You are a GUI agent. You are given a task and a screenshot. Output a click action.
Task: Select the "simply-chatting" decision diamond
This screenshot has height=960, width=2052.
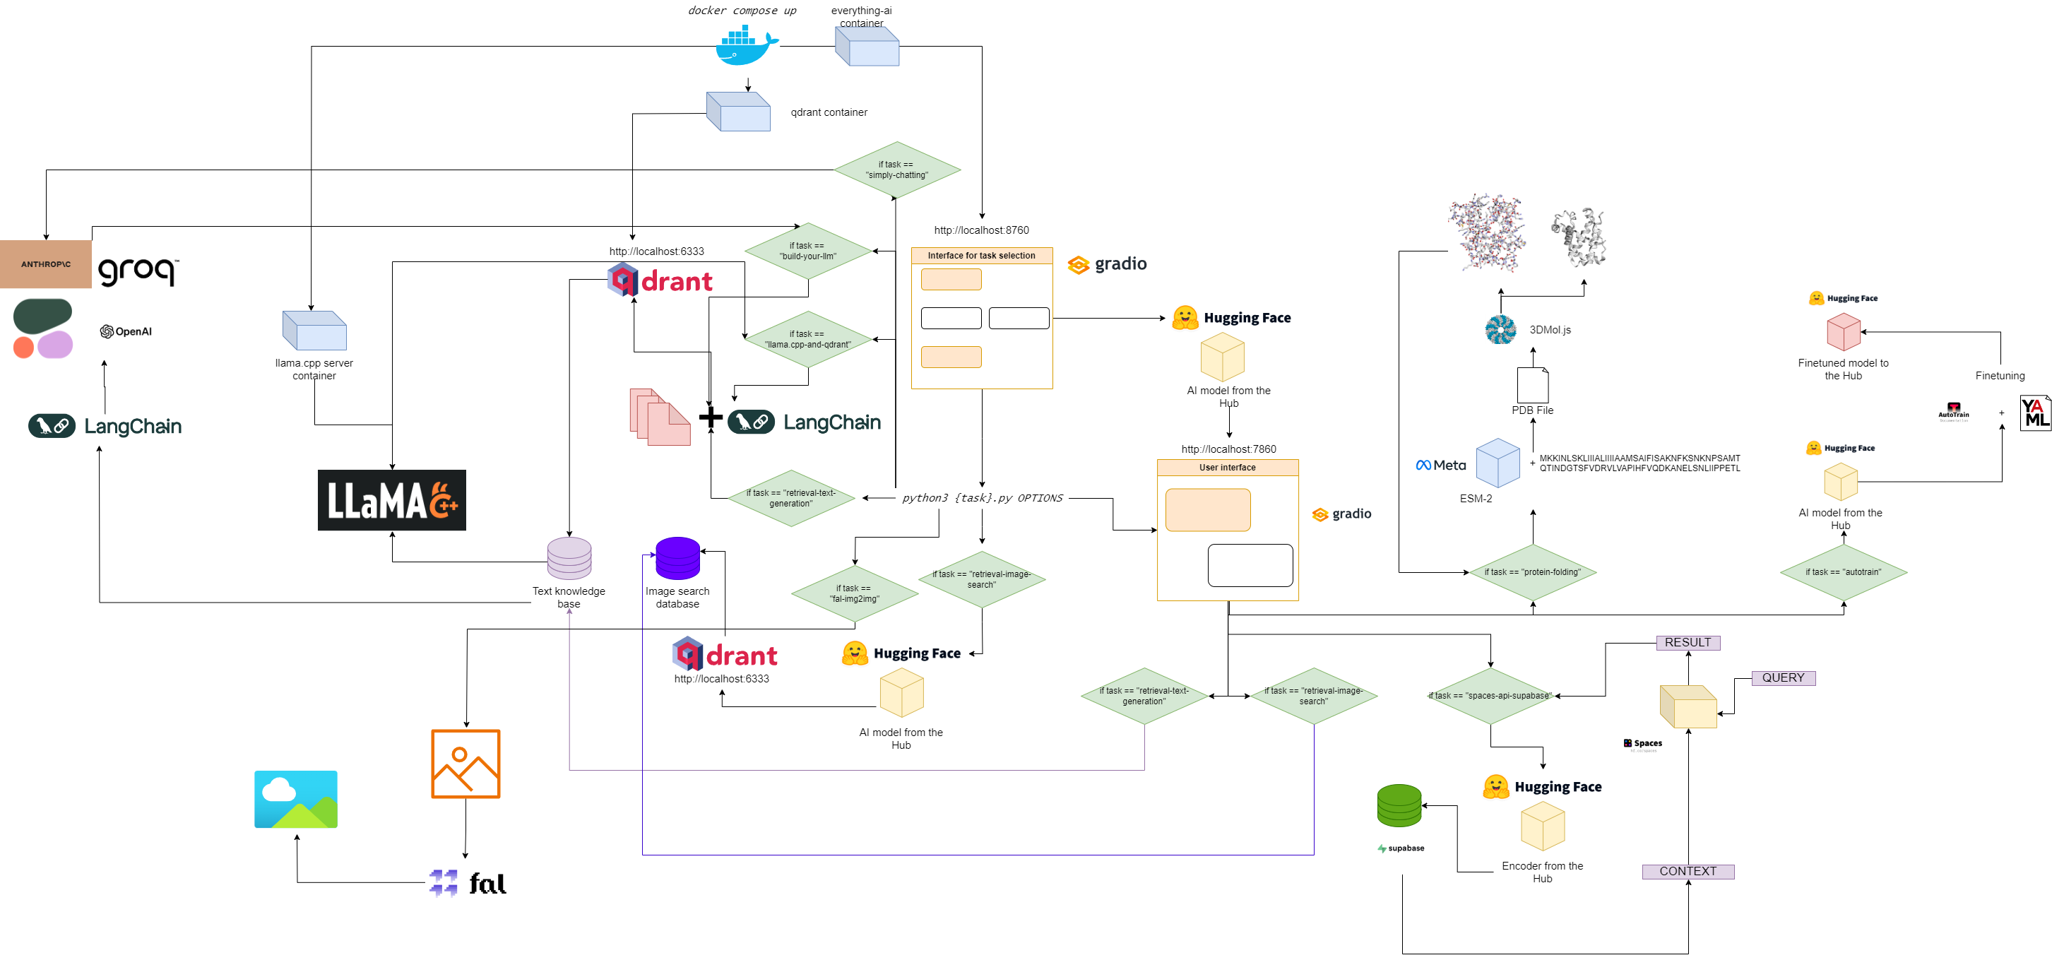click(x=896, y=170)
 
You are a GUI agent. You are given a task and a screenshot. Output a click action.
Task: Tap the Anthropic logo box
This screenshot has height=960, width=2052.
click(x=45, y=263)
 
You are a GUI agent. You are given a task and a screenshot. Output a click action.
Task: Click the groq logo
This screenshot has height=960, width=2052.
click(x=138, y=270)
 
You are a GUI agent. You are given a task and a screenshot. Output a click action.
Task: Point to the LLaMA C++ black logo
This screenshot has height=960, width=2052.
click(x=391, y=500)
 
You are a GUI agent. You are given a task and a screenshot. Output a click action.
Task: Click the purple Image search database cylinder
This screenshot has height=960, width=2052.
click(x=677, y=559)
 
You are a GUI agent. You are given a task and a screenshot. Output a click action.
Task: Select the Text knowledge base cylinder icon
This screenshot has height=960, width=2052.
click(x=569, y=557)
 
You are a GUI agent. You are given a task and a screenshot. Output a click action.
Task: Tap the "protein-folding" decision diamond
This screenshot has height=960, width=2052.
click(x=1532, y=572)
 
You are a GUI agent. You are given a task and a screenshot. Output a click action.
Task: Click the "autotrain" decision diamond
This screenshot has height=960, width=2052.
click(x=1842, y=572)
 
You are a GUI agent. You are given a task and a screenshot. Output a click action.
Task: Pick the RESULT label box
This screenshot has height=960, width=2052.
click(x=1688, y=642)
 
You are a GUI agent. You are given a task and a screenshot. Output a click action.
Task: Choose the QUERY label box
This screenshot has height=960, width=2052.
click(x=1783, y=678)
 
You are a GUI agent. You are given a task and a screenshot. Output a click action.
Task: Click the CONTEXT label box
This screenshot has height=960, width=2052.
click(x=1688, y=872)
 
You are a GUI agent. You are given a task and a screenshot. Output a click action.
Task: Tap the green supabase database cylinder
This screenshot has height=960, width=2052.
click(x=1399, y=805)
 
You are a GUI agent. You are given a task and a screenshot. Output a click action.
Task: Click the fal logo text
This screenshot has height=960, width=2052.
click(x=487, y=884)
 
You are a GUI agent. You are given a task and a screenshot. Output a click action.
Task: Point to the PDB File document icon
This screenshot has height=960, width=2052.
click(x=1532, y=386)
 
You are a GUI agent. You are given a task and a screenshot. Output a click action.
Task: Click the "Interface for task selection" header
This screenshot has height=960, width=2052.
click(x=980, y=256)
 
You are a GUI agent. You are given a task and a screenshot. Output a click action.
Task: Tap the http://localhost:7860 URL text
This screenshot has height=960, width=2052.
click(x=1228, y=449)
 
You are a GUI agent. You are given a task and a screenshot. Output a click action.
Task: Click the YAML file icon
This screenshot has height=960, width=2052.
click(x=2034, y=413)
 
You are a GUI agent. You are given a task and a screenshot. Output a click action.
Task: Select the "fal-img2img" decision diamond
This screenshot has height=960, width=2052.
click(x=854, y=593)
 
